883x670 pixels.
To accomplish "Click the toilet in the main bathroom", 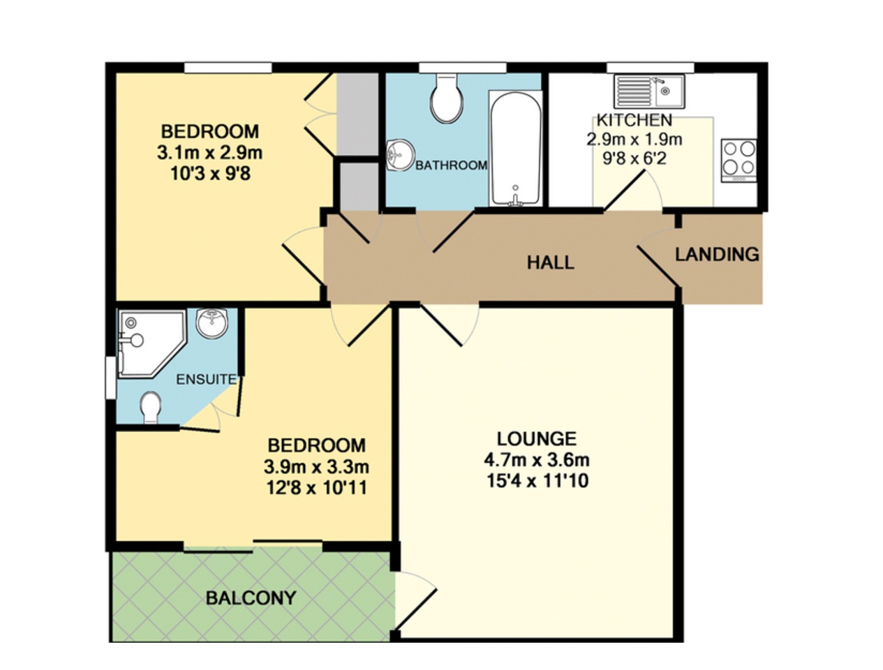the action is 446,97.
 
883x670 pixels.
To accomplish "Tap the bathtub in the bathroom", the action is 515,149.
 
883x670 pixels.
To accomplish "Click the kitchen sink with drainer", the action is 649,91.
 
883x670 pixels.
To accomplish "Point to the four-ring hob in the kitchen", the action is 739,161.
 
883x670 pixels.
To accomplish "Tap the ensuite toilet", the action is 151,408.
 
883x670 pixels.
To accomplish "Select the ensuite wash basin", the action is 212,323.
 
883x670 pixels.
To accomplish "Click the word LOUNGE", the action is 537,439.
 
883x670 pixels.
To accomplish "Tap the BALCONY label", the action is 251,598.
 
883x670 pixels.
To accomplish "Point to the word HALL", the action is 550,263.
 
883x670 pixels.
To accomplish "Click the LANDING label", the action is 717,255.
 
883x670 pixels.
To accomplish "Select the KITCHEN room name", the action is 635,120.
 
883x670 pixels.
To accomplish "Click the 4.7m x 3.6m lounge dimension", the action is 537,460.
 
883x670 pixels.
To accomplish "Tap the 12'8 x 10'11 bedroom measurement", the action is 317,489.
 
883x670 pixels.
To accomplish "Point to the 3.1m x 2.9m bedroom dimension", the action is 209,153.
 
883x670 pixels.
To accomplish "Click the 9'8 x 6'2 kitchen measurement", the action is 635,158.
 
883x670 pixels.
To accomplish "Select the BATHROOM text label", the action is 451,165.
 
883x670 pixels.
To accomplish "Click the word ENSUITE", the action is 206,379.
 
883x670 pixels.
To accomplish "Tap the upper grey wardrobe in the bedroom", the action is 357,114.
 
